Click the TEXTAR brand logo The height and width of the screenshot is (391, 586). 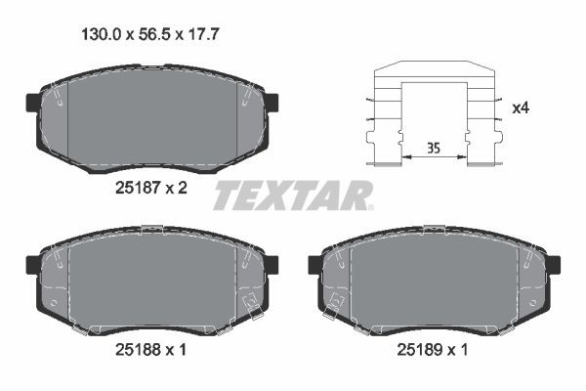pyautogui.click(x=293, y=195)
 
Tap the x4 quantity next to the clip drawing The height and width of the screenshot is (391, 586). pyautogui.click(x=522, y=108)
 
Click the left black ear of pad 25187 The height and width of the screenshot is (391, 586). pyautogui.click(x=32, y=102)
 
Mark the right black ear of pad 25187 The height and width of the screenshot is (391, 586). pyautogui.click(x=272, y=102)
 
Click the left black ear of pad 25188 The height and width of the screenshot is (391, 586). pyautogui.click(x=32, y=264)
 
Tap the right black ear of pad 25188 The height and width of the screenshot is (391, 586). pyautogui.click(x=272, y=264)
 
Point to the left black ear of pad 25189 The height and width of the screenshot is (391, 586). pyautogui.click(x=315, y=264)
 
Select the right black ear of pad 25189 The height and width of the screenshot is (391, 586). pyautogui.click(x=554, y=264)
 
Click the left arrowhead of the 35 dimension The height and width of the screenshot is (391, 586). pyautogui.click(x=403, y=157)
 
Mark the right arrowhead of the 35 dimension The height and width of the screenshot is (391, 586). pyautogui.click(x=464, y=157)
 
